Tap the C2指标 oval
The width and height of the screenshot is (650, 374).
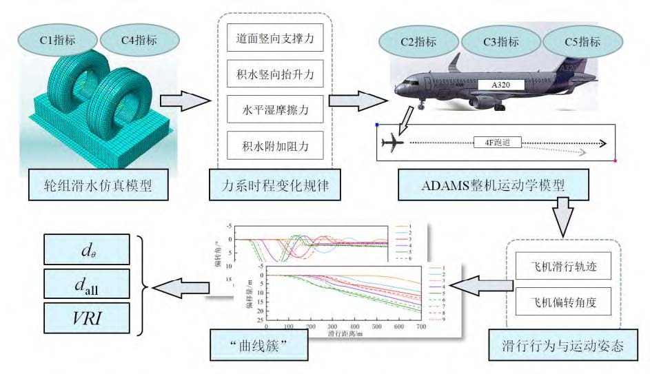coord(418,42)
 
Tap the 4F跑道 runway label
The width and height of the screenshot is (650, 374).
coord(498,143)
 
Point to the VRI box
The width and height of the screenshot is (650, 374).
coord(85,316)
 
